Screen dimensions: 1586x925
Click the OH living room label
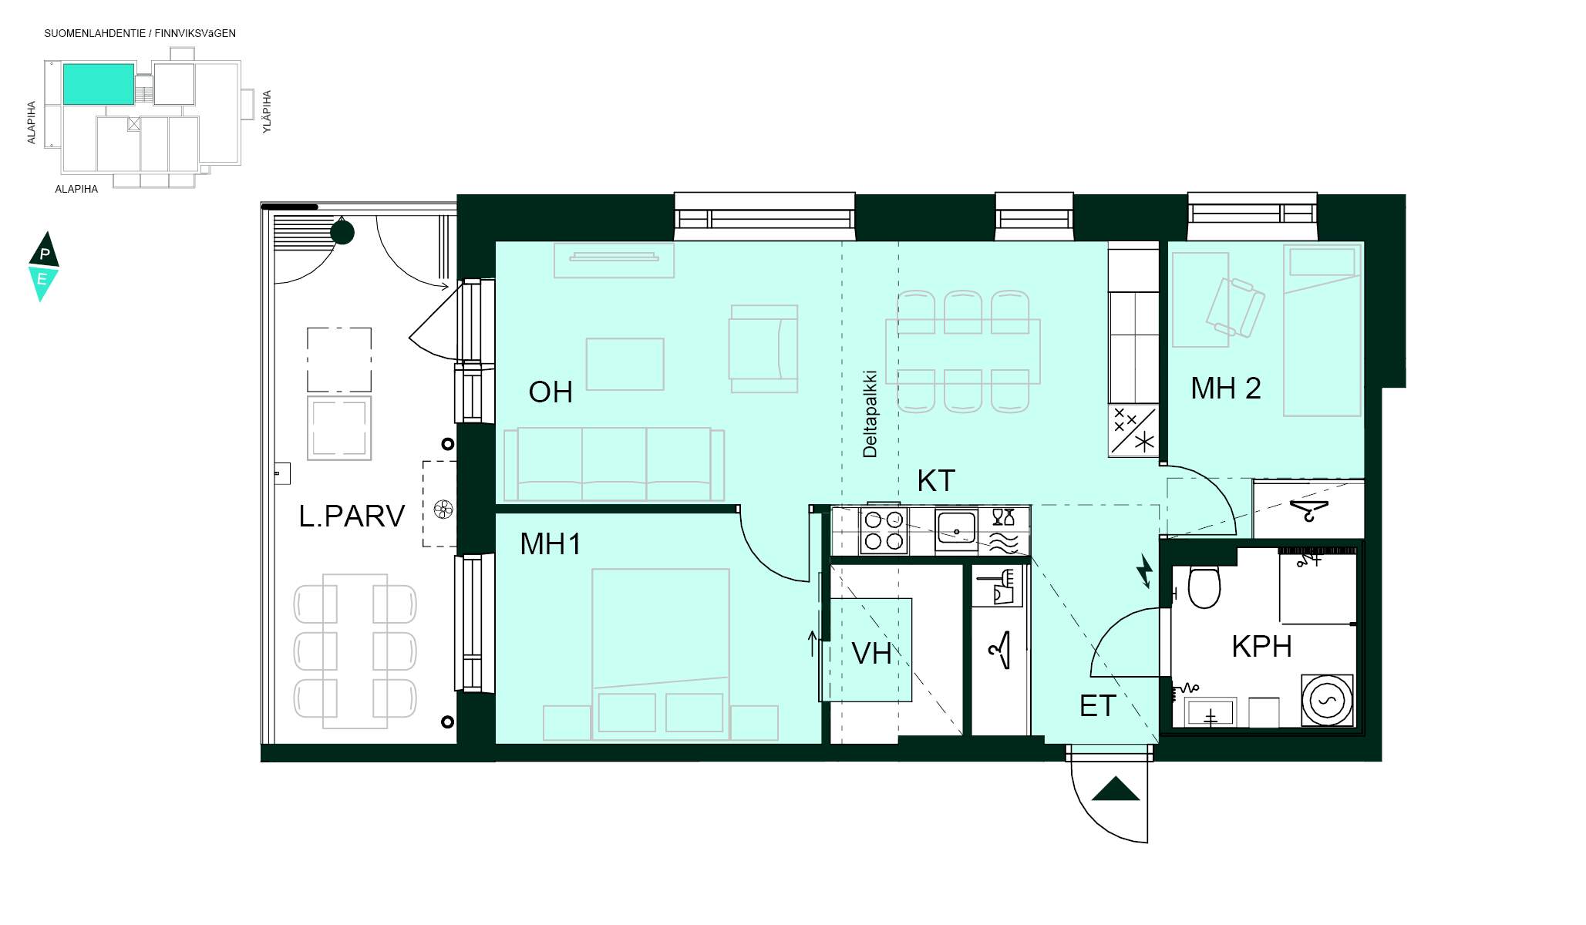pyautogui.click(x=551, y=392)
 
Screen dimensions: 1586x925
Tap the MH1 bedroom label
pyautogui.click(x=551, y=544)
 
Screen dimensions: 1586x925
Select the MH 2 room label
pyautogui.click(x=1226, y=388)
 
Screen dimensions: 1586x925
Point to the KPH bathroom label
pyautogui.click(x=1261, y=647)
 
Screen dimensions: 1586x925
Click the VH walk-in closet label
pyautogui.click(x=871, y=654)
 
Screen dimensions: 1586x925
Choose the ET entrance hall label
pyautogui.click(x=1097, y=706)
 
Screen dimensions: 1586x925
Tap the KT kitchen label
pyautogui.click(x=936, y=481)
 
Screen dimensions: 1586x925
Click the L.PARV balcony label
pyautogui.click(x=352, y=516)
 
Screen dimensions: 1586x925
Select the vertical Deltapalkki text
pyautogui.click(x=870, y=415)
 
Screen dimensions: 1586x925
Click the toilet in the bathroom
pyautogui.click(x=1204, y=587)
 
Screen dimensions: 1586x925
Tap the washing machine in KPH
pyautogui.click(x=1327, y=700)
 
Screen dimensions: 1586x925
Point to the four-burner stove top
pyautogui.click(x=884, y=531)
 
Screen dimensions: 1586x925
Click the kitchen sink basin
pyautogui.click(x=956, y=529)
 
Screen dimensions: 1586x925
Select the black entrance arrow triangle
pyautogui.click(x=1116, y=789)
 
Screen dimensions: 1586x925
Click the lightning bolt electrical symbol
pyautogui.click(x=1145, y=570)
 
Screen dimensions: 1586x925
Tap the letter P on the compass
pyautogui.click(x=45, y=254)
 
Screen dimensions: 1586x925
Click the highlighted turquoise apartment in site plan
pyautogui.click(x=99, y=84)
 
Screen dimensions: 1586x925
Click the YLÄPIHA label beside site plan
pyautogui.click(x=267, y=112)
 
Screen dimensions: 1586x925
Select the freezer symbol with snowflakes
pyautogui.click(x=1133, y=430)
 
